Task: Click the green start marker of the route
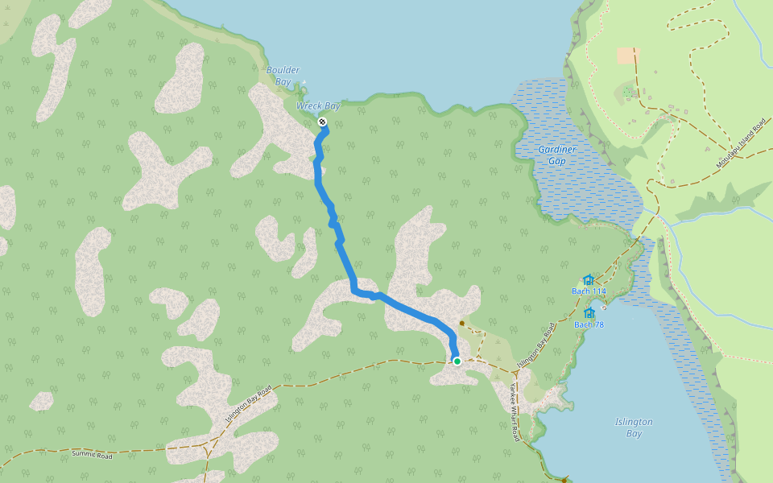[457, 361]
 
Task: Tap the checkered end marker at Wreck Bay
[322, 122]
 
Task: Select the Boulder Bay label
[283, 76]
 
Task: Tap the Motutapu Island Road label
[740, 145]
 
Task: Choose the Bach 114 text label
[589, 291]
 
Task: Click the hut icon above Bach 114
[589, 279]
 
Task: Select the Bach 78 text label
[589, 324]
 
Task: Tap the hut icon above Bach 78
[589, 313]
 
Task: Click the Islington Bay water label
[634, 427]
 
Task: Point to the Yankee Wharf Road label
[513, 411]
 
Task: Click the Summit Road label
[94, 454]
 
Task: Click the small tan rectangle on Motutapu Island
[627, 56]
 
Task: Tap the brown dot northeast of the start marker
[462, 324]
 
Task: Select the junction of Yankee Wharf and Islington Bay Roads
[515, 372]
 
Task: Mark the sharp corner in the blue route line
[353, 291]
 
